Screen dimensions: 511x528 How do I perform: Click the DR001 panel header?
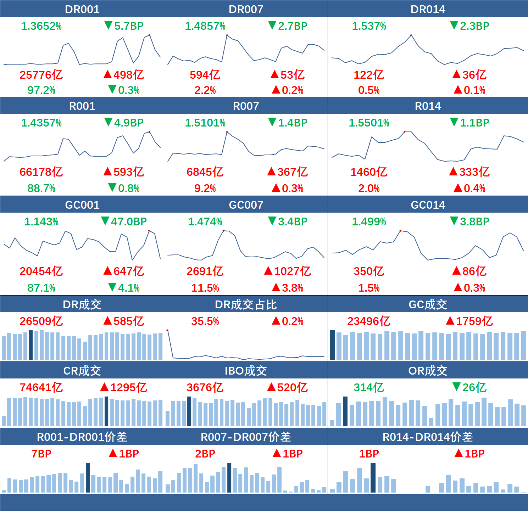click(x=82, y=9)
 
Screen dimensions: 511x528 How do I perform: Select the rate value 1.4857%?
click(x=205, y=26)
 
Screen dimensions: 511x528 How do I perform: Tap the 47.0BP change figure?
click(x=129, y=221)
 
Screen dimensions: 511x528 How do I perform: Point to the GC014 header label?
click(x=428, y=205)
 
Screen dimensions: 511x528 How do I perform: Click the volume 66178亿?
click(x=41, y=172)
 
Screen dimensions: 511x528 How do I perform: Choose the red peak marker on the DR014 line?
click(x=411, y=35)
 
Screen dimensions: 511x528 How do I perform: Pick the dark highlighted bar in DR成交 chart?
click(x=30, y=345)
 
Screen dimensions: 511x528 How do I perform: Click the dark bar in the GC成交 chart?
click(x=332, y=345)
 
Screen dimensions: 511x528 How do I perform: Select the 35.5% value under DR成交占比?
click(x=205, y=321)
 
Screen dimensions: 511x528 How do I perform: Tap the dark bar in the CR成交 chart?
click(x=106, y=411)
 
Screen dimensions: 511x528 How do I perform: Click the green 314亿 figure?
click(x=369, y=387)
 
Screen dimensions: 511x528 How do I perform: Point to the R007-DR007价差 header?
click(x=246, y=437)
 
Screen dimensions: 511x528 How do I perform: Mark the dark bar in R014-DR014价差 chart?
click(x=373, y=477)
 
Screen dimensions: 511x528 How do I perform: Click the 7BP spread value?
click(x=41, y=454)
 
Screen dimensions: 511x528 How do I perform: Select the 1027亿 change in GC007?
click(x=292, y=271)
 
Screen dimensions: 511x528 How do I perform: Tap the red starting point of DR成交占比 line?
click(x=167, y=331)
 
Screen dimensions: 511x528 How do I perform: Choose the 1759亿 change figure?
click(x=474, y=321)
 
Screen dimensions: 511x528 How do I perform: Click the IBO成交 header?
click(x=246, y=371)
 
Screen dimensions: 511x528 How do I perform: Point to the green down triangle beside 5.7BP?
click(x=108, y=25)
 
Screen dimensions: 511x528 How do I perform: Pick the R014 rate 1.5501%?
click(x=369, y=123)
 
